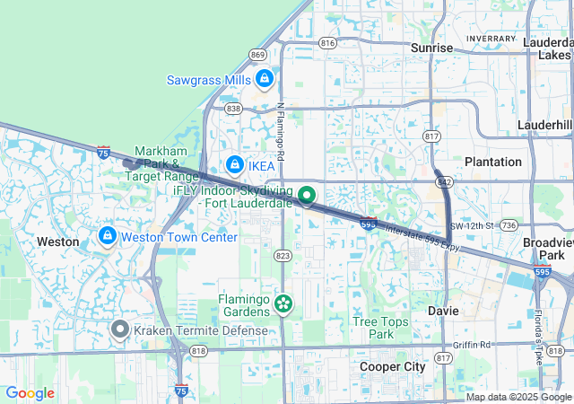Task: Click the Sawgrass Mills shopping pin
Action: coord(264,80)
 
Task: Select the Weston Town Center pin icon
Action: coord(107,237)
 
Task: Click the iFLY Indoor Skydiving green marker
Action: coord(307,195)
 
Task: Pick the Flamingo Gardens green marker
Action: coord(283,304)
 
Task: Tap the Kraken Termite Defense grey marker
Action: coord(120,329)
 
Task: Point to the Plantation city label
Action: coord(492,162)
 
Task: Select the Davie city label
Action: coord(442,311)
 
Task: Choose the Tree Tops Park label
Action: coord(380,328)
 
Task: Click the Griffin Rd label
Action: coord(471,344)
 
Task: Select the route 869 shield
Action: coord(258,55)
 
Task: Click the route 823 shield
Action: coord(283,256)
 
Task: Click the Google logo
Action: coord(30,393)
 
